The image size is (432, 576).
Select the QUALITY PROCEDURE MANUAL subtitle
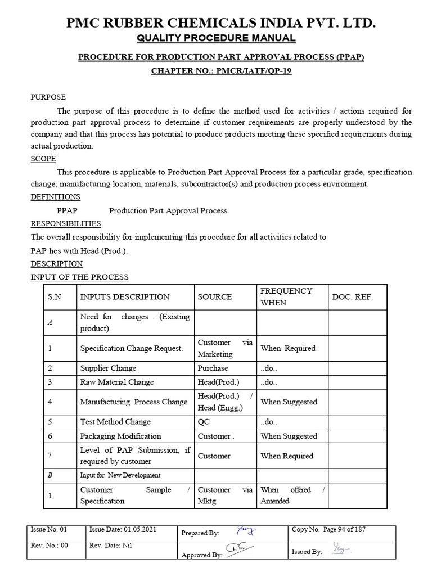[x=217, y=38]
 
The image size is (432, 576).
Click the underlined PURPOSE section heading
[x=48, y=97]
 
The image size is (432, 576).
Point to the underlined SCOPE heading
[x=43, y=159]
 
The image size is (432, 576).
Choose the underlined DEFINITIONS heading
[x=55, y=197]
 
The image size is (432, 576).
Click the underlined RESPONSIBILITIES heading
[x=65, y=223]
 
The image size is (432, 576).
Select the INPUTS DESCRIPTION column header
[x=125, y=297]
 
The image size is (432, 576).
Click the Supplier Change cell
[x=108, y=368]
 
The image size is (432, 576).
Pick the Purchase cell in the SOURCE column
[x=213, y=368]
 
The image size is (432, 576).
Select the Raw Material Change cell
[x=117, y=382]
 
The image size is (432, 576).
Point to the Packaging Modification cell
[x=120, y=436]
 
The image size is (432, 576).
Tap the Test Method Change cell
[x=116, y=422]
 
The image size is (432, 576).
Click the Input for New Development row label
[x=120, y=475]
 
